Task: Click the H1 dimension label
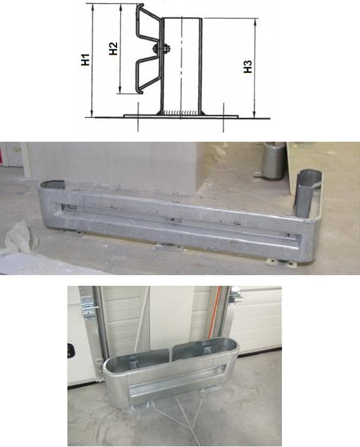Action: coord(85,60)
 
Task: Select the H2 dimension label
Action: coord(113,48)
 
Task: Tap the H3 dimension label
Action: coord(248,67)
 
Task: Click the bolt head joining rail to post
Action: coord(156,48)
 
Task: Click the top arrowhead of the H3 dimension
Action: coord(255,22)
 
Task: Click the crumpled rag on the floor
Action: coord(19,237)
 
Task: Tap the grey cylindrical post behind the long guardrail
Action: coord(273,161)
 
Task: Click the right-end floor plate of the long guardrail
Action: coord(281,263)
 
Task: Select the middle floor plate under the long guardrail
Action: coord(168,247)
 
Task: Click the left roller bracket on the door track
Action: coord(88,307)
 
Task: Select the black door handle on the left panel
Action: coord(70,351)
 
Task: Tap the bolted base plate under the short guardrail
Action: coord(140,407)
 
